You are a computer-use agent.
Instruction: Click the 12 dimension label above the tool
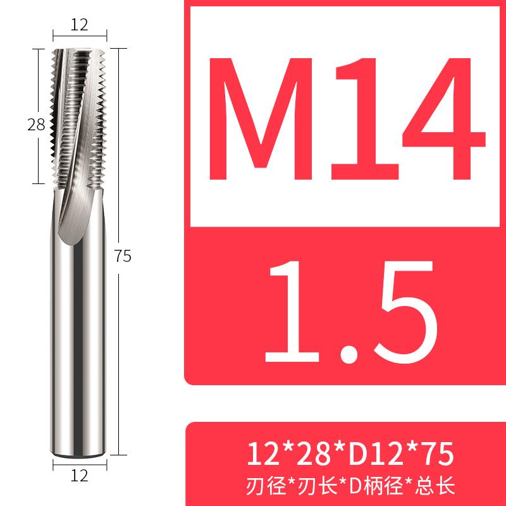78,25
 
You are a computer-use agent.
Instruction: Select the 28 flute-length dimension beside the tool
36,125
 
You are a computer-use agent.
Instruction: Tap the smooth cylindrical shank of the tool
78,348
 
